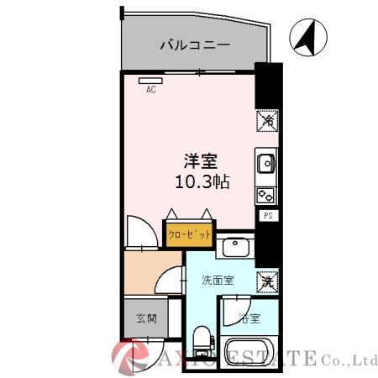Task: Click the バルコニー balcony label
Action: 195,45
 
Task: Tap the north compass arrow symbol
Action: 306,38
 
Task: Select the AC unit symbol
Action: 151,81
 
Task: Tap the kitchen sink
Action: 265,161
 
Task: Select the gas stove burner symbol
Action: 265,195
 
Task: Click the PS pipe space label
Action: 268,216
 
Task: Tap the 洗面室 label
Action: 217,281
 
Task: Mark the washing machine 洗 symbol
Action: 265,280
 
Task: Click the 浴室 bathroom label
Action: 249,318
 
